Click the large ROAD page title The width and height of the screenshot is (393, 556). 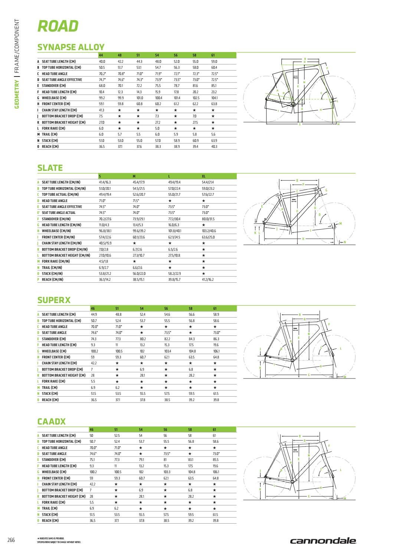58,26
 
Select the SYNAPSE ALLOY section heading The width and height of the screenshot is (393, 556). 71,47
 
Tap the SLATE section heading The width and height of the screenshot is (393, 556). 50,168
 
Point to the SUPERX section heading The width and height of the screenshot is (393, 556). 54,300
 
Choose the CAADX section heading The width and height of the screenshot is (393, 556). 52,422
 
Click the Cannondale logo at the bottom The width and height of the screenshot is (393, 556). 323,541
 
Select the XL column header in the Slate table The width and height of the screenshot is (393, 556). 203,176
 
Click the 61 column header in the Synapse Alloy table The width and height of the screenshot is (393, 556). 213,55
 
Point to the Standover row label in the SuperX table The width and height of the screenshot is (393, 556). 54,339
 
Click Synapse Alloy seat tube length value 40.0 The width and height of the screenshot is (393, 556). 102,62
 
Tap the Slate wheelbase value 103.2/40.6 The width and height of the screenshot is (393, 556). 209,231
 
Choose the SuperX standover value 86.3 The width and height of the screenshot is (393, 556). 216,339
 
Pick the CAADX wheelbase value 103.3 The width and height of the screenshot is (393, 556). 166,472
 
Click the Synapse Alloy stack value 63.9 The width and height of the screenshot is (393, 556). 214,141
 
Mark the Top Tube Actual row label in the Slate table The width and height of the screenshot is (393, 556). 60,194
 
